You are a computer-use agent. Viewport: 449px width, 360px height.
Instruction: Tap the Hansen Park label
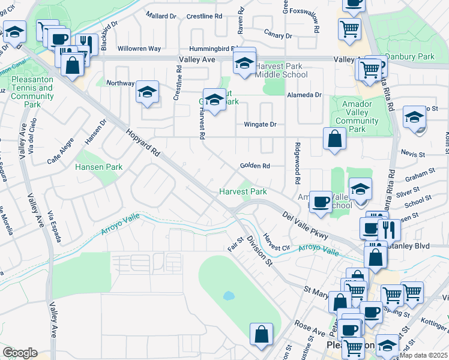pos(98,167)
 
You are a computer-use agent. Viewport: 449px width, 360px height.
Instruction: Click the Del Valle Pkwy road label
pos(305,225)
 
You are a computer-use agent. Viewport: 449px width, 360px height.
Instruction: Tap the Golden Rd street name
pos(255,166)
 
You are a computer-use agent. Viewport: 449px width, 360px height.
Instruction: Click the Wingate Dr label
pos(259,125)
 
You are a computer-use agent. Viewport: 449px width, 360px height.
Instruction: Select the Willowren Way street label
pos(139,48)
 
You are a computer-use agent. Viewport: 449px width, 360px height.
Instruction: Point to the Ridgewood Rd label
pos(297,163)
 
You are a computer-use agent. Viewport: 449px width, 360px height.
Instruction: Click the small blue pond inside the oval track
pos(228,296)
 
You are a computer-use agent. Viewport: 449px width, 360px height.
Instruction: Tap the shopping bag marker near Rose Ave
pos(262,335)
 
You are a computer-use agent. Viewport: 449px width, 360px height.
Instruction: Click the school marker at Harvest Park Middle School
pos(244,62)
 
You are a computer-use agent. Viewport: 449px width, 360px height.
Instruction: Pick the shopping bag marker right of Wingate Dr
pos(334,139)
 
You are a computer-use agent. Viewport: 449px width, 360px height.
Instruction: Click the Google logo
pos(20,353)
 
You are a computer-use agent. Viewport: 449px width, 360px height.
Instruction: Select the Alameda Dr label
pos(304,95)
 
